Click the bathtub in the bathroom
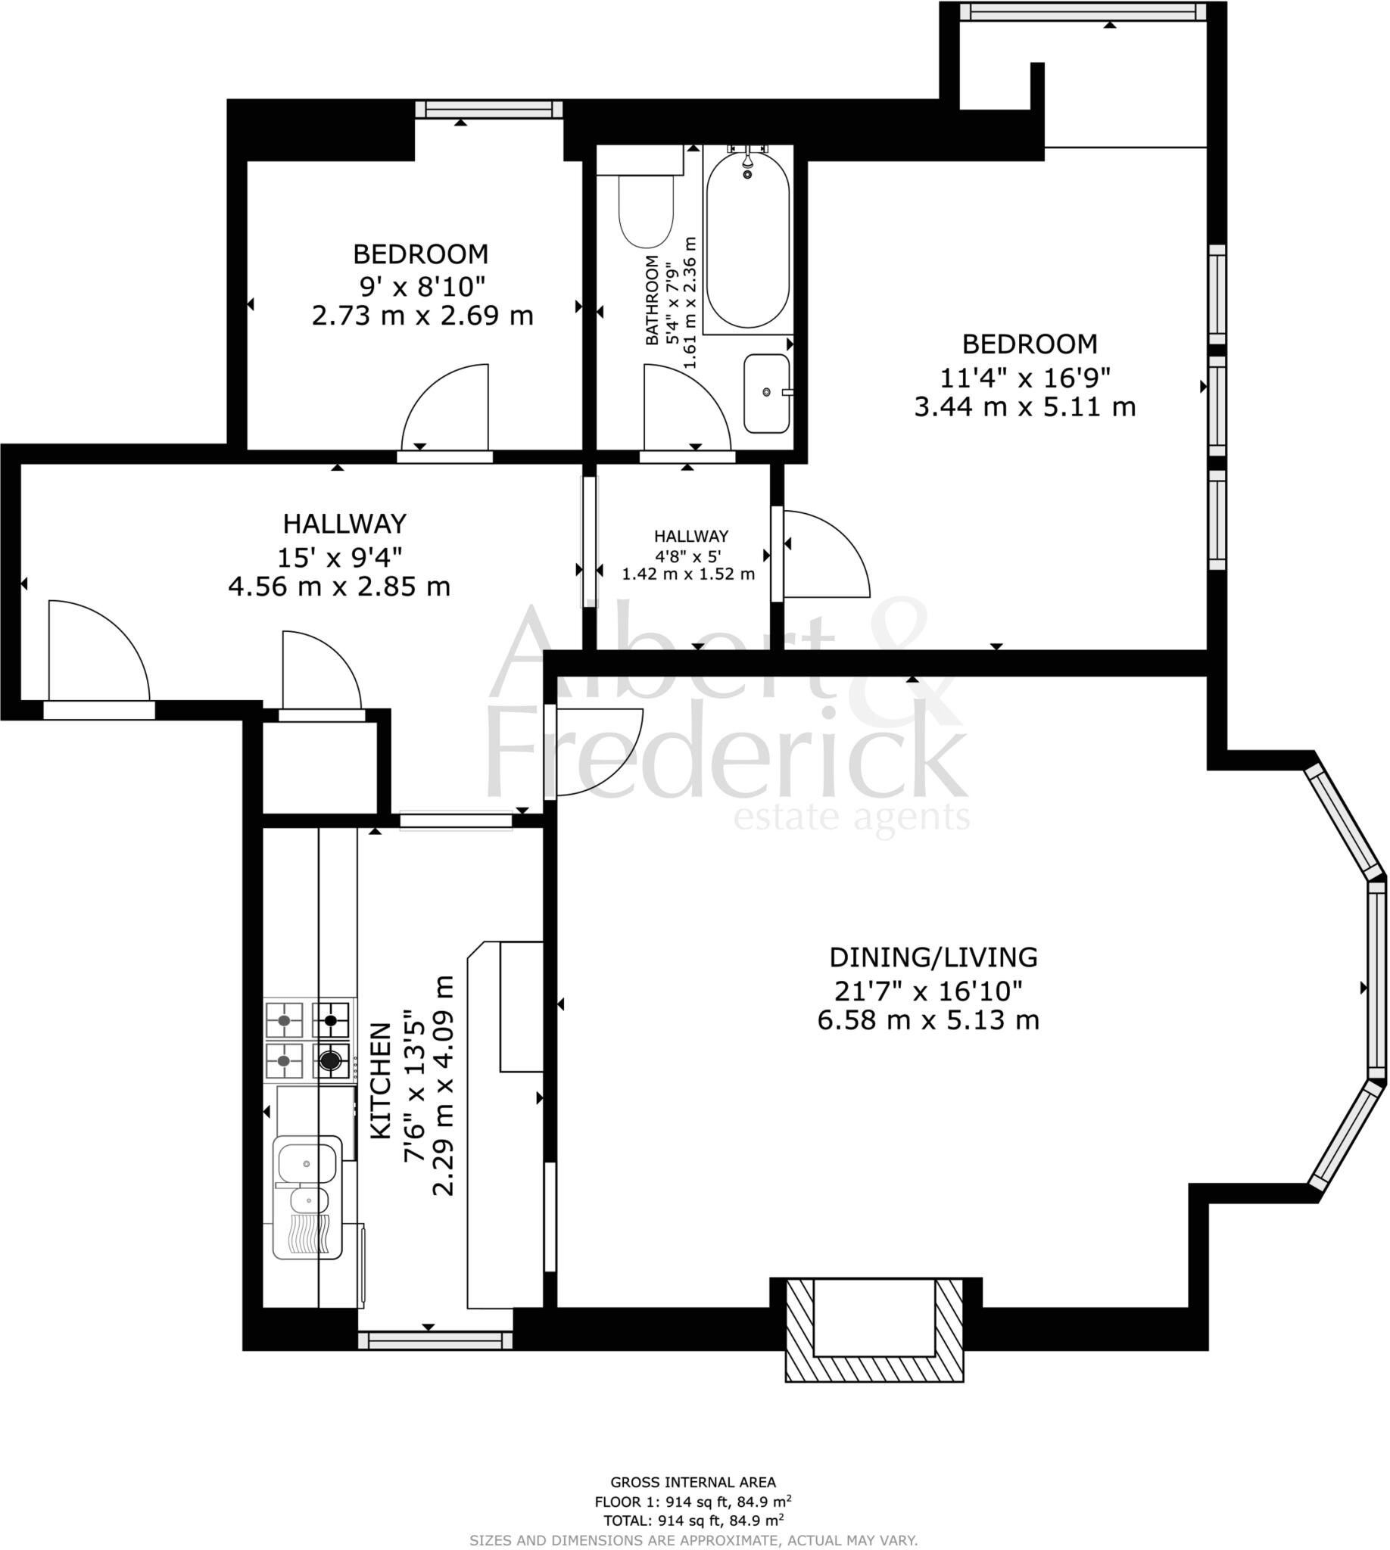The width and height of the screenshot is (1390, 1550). [x=747, y=241]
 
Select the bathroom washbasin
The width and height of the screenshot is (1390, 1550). [x=767, y=394]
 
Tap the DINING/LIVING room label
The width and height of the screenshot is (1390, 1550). [x=933, y=957]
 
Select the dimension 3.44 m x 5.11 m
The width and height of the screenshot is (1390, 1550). [x=1024, y=407]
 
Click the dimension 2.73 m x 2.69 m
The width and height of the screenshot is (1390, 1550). [x=422, y=316]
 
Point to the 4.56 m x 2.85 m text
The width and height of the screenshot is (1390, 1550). [x=339, y=587]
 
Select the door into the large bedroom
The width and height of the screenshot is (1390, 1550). [x=824, y=553]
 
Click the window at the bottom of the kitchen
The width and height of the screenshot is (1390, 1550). [x=435, y=1340]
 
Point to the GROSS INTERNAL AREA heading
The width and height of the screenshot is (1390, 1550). [x=693, y=1482]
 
